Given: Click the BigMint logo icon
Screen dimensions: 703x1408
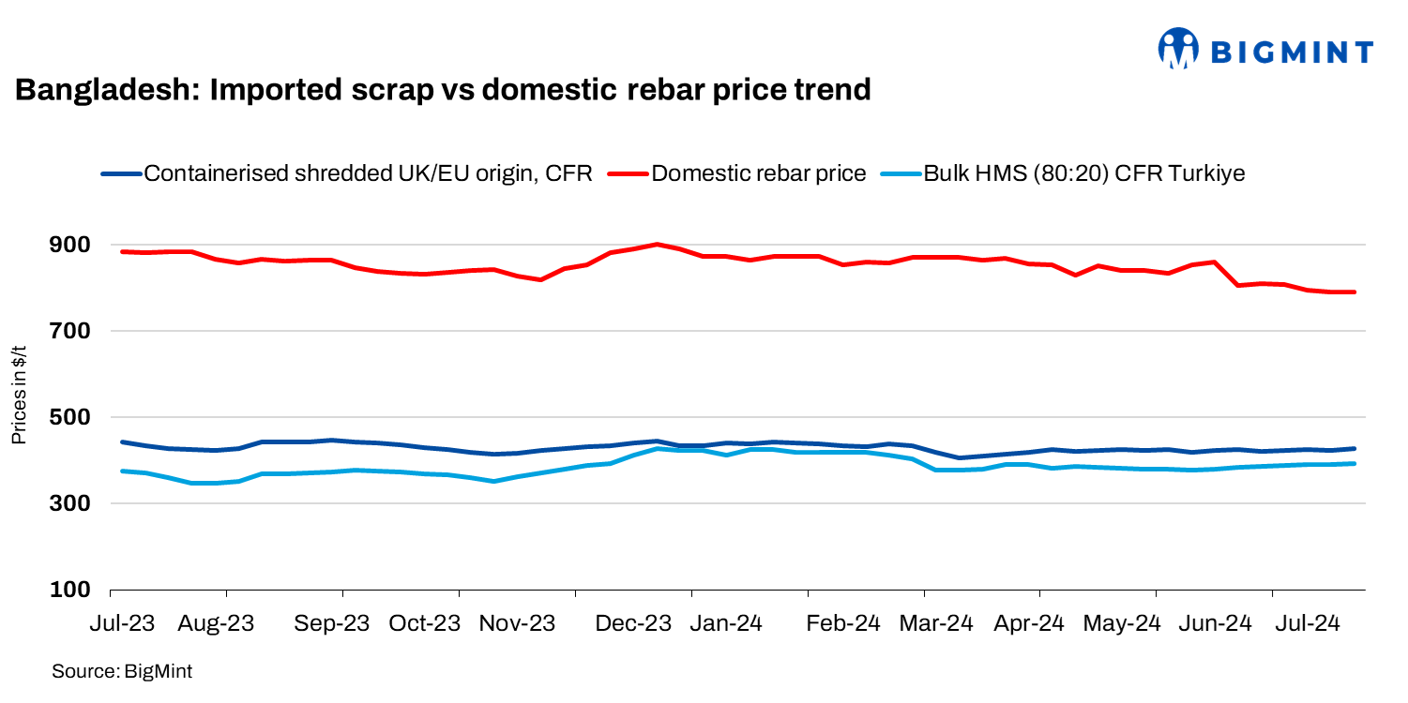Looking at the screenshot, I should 1179,49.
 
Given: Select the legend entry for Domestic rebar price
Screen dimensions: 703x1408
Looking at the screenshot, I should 758,173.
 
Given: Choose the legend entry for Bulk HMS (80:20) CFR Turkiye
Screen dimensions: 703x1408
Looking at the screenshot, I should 1084,173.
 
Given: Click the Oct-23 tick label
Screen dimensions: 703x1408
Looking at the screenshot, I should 426,623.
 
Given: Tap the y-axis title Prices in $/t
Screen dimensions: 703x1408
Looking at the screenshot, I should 19,394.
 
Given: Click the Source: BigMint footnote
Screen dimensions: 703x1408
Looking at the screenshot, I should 122,671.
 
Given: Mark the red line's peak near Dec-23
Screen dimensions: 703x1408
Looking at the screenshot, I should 657,244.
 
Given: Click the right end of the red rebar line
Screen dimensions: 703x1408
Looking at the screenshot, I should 1354,292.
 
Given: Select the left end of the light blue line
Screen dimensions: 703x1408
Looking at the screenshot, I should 123,471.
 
